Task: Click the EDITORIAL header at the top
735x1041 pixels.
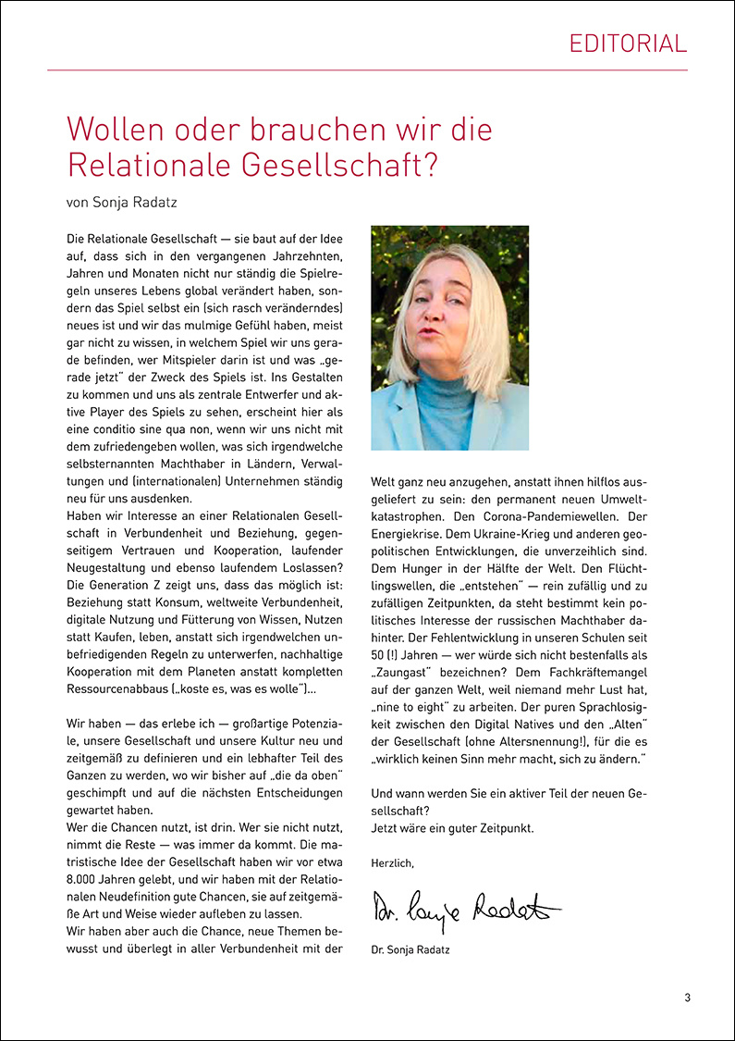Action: coord(628,43)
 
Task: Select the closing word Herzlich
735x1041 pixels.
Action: coord(392,862)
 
